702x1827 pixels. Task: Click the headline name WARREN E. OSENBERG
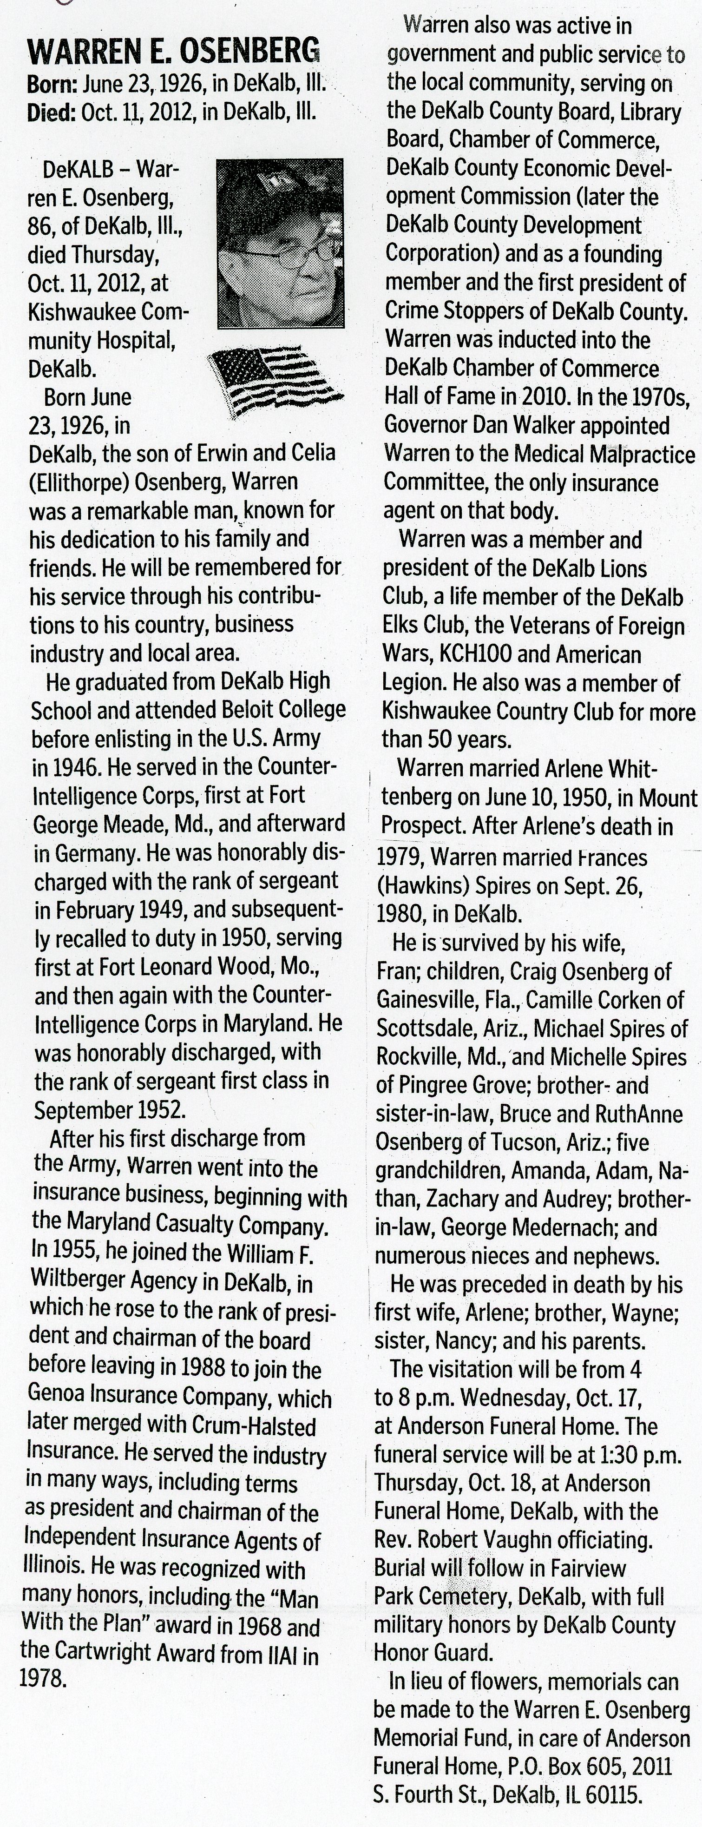pos(173,52)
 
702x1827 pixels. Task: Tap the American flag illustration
pos(273,381)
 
